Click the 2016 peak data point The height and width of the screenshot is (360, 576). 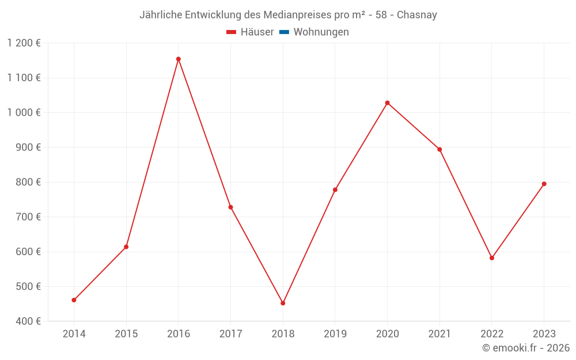pos(179,59)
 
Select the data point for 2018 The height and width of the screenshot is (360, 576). pos(283,303)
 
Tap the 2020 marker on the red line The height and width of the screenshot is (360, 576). pos(387,103)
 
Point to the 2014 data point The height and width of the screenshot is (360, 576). pos(74,300)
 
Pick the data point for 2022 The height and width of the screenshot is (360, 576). pos(492,258)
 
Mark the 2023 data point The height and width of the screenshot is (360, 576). pos(544,184)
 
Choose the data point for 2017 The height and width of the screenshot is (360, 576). pos(230,207)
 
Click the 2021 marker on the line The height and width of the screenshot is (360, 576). pos(439,149)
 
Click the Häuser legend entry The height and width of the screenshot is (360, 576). pos(257,32)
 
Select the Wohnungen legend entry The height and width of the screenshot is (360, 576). pos(321,32)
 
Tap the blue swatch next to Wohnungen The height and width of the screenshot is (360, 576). pos(284,32)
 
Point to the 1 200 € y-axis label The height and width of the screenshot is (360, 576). pos(24,43)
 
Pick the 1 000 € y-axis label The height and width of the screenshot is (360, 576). pos(24,112)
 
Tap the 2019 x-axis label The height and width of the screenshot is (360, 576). pos(335,334)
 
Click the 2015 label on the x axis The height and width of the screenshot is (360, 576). pos(126,334)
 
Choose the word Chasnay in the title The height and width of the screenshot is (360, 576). pos(417,15)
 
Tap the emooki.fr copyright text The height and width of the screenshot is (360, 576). pos(526,348)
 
